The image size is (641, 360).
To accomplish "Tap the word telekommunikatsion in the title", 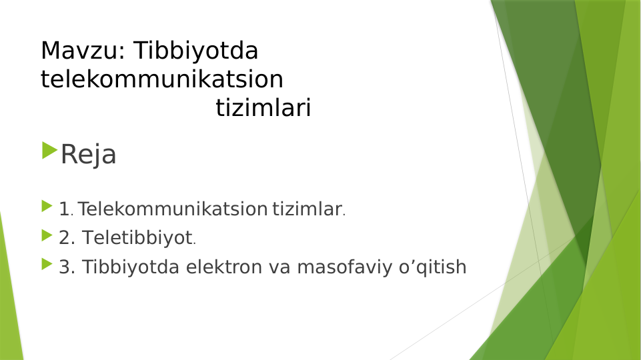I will [162, 79].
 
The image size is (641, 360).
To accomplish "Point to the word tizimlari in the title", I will [263, 109].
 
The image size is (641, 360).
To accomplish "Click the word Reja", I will [88, 155].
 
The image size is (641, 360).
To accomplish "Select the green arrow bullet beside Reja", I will [49, 150].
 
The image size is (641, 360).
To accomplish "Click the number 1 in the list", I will [64, 209].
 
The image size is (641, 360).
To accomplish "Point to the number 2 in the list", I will [65, 237].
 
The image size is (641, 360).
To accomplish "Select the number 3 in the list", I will [65, 267].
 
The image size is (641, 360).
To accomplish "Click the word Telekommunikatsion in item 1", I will [172, 209].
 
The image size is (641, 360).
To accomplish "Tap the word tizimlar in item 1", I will [306, 209].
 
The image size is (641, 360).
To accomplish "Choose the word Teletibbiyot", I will [137, 237].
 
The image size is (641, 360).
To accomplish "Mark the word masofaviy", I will [341, 267].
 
